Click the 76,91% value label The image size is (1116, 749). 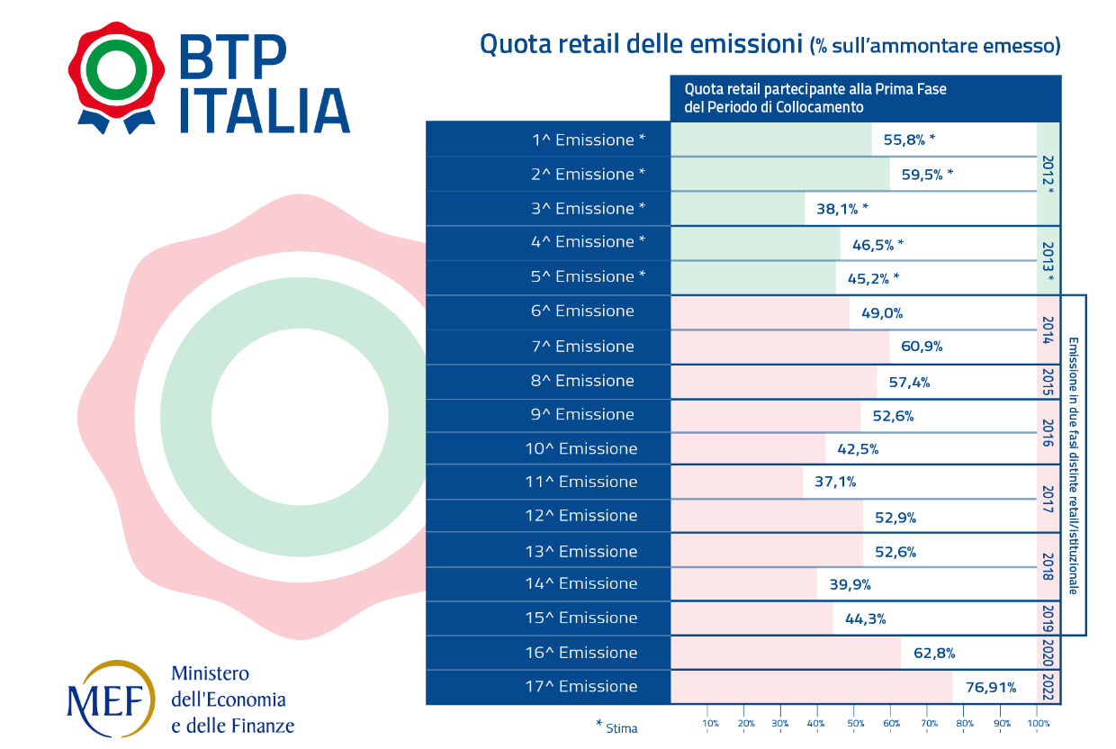[x=990, y=688]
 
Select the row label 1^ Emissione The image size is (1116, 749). [x=589, y=140]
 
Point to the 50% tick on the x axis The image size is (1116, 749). [x=856, y=724]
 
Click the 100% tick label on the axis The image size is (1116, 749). [x=1038, y=724]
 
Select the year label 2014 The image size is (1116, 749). [x=1048, y=330]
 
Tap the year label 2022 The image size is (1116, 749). [x=1048, y=687]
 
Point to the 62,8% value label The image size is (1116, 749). [x=934, y=654]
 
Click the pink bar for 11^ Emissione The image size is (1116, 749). [x=737, y=482]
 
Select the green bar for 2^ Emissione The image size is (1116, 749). [x=780, y=174]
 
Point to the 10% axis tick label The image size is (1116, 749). [x=711, y=724]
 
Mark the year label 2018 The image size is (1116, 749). [x=1048, y=567]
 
